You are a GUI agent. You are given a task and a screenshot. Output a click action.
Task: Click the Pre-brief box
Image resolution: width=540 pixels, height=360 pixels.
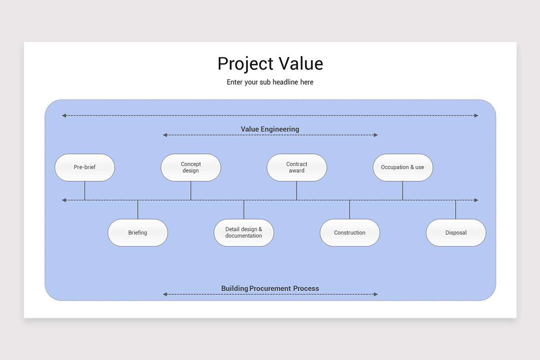85,167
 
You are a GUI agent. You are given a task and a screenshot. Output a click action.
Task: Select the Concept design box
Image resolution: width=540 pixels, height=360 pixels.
191,167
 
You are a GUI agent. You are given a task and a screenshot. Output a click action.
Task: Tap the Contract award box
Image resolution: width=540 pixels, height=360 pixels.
297,167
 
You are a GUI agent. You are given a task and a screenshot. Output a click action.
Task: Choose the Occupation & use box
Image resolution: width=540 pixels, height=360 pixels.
403,167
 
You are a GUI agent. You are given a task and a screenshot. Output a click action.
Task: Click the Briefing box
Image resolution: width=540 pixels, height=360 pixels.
138,233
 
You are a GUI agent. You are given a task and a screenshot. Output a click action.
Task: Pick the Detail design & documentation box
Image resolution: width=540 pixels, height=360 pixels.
244,233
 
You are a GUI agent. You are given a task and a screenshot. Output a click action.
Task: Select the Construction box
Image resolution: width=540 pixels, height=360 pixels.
350,233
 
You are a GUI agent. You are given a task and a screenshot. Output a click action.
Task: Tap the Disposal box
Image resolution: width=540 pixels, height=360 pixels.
456,233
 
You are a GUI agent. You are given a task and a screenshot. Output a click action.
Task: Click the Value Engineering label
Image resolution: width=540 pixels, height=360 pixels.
270,129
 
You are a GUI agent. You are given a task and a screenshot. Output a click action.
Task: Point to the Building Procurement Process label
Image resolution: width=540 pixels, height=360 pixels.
270,288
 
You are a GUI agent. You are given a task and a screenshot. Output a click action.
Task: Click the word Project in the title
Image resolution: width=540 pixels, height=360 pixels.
246,64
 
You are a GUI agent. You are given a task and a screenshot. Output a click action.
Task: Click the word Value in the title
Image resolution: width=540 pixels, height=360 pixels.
301,64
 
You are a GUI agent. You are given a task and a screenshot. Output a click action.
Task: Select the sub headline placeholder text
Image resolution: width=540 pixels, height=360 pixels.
270,82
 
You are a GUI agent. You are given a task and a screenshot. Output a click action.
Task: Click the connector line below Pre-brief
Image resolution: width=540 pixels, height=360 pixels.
85,190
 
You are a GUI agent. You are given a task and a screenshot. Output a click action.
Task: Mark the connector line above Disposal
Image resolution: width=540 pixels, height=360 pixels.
456,210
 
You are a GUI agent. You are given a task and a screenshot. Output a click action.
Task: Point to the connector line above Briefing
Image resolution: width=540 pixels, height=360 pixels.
138,210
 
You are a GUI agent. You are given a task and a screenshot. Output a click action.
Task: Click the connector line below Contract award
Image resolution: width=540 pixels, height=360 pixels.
297,190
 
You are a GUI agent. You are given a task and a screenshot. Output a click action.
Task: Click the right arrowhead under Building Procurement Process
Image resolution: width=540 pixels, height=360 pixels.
376,294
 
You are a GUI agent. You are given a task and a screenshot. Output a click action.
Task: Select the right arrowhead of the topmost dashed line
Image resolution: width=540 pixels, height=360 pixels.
476,116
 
